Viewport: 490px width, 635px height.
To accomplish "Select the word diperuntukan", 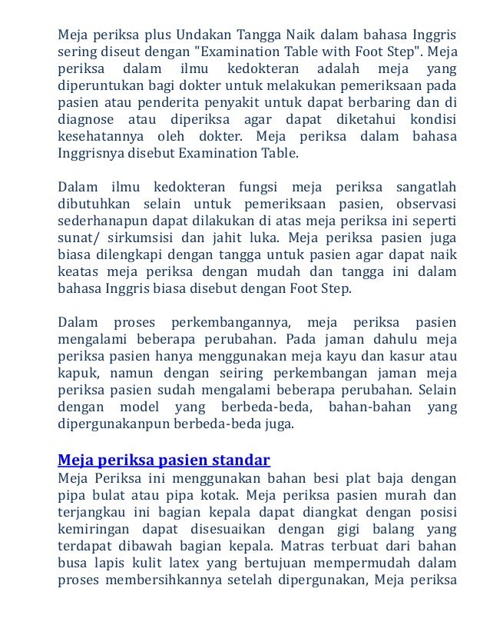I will (98, 87).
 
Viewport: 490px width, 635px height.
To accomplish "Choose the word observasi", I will (426, 204).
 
